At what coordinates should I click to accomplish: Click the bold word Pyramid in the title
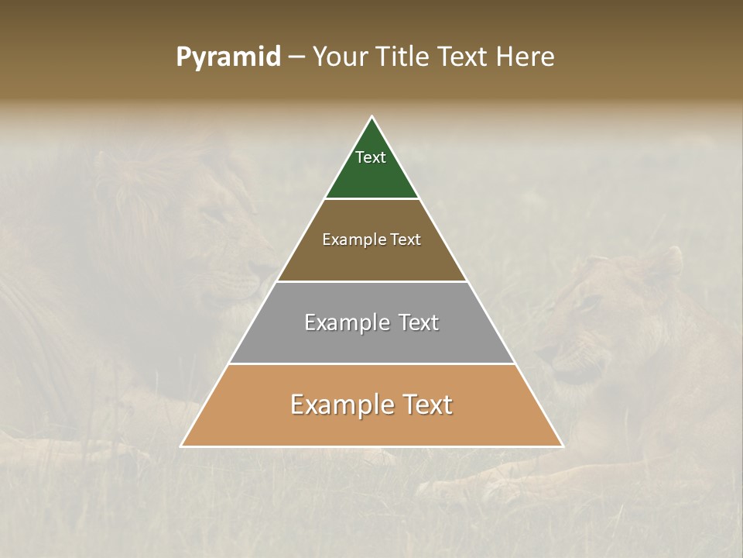coord(228,57)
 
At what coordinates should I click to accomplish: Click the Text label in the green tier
coord(371,157)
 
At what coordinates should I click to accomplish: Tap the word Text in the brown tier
coord(406,239)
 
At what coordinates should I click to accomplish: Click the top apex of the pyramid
coord(372,117)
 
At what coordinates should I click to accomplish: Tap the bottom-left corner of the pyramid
coord(182,446)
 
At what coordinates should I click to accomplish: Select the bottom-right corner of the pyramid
coord(563,446)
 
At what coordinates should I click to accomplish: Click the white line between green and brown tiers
coord(372,199)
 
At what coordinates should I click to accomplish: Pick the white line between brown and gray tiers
coord(372,281)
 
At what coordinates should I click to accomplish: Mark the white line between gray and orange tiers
coord(372,363)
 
